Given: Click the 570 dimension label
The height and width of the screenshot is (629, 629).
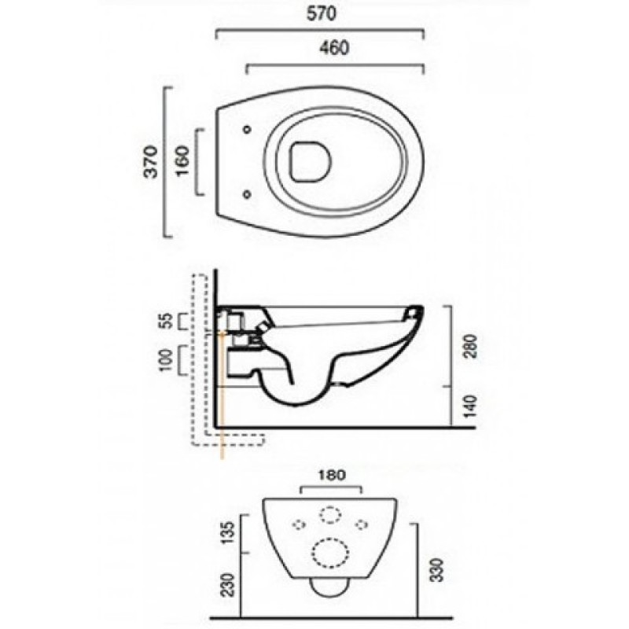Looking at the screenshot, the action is (x=322, y=13).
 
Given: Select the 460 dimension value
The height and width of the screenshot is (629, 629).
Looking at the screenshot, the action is (x=335, y=48).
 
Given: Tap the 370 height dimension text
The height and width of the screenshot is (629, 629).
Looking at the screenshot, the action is (x=151, y=162).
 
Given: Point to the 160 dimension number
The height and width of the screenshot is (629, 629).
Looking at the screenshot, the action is (x=182, y=162).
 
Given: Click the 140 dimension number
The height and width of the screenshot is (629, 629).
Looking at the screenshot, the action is (x=471, y=406).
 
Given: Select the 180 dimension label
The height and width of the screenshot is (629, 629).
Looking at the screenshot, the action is (x=331, y=475).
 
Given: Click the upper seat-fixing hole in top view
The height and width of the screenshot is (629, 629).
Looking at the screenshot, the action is (x=247, y=129).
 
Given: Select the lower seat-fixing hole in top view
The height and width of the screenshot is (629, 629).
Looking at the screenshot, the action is (x=247, y=194).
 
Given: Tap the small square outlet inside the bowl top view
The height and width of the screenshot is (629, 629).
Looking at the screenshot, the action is (x=311, y=161).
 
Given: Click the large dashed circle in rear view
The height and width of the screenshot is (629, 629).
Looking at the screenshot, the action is (x=330, y=553).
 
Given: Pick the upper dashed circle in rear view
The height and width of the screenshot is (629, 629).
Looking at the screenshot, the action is (x=330, y=515).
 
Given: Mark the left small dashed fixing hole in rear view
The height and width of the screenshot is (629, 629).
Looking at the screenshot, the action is (x=300, y=524).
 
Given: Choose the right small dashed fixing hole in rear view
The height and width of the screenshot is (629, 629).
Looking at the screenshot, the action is (x=362, y=524).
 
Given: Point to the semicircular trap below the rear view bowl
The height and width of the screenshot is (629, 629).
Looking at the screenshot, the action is (x=329, y=587).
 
